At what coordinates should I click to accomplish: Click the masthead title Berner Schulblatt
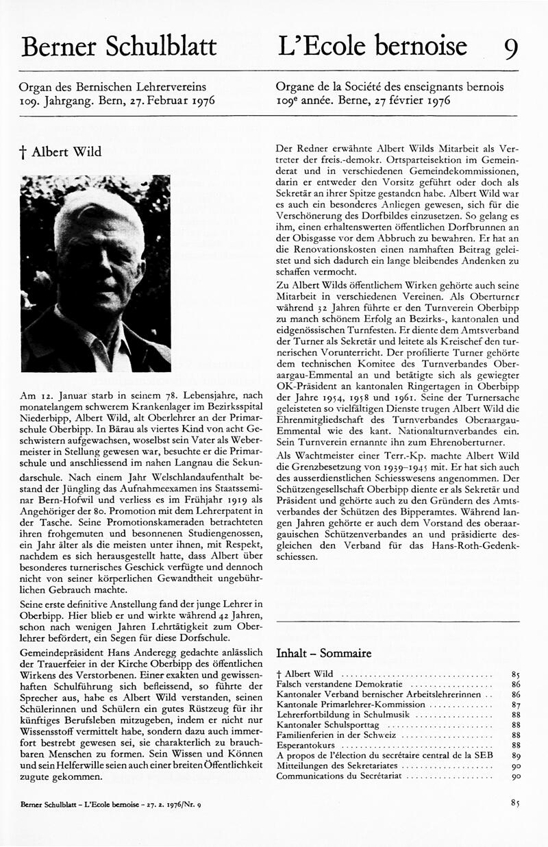click(119, 46)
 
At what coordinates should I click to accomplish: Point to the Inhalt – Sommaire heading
click(323, 652)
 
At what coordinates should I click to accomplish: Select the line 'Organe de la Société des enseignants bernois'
click(389, 87)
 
